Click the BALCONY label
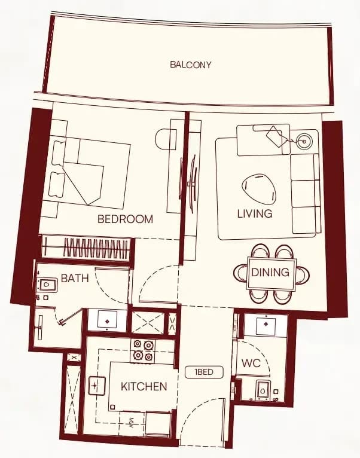tap(191, 65)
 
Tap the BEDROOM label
tap(125, 219)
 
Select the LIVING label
tap(255, 214)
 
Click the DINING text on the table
tap(270, 272)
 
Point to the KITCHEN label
tap(144, 386)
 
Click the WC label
tap(251, 363)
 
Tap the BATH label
tap(75, 279)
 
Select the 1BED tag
tap(204, 372)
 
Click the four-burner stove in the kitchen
tap(143, 350)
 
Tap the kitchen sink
tap(97, 386)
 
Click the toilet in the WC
tap(263, 390)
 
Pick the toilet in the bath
tap(47, 285)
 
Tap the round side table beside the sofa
tap(304, 142)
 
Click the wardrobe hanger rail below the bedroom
tap(87, 248)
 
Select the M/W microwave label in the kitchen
tap(131, 423)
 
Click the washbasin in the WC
tap(266, 325)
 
